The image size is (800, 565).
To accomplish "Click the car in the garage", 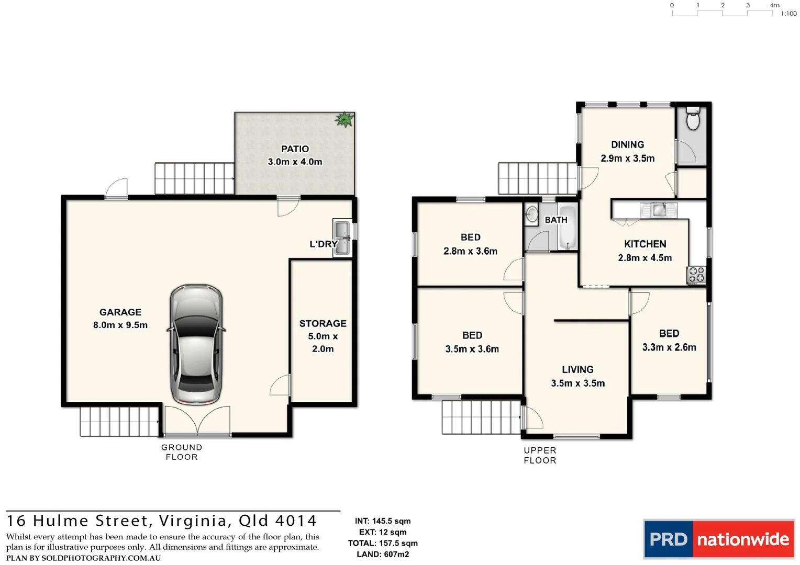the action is (196, 345).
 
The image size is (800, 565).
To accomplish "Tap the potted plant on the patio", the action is (345, 119).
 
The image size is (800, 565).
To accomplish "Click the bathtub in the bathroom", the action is (567, 228).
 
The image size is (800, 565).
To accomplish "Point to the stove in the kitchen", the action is (696, 275).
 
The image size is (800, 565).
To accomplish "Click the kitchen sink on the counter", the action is (659, 210).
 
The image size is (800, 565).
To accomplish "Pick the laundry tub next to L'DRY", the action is (342, 238).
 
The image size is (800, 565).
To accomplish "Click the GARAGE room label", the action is (120, 312).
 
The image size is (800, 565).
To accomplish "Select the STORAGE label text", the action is (323, 323).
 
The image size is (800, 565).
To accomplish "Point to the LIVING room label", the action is (577, 369).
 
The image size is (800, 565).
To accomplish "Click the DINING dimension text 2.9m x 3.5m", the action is (628, 159).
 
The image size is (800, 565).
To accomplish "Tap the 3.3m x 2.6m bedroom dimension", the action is (669, 347).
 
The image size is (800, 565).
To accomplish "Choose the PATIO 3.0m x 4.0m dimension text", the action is (295, 162).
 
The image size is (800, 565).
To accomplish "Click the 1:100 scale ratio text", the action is (788, 14).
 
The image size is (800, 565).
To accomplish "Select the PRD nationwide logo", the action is (718, 539).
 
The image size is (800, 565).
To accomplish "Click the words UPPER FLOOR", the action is (540, 456).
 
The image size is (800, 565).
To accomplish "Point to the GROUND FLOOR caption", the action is (182, 452).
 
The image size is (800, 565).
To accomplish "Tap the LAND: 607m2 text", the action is (383, 555).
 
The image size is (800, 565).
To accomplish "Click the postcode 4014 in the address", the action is (296, 521).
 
